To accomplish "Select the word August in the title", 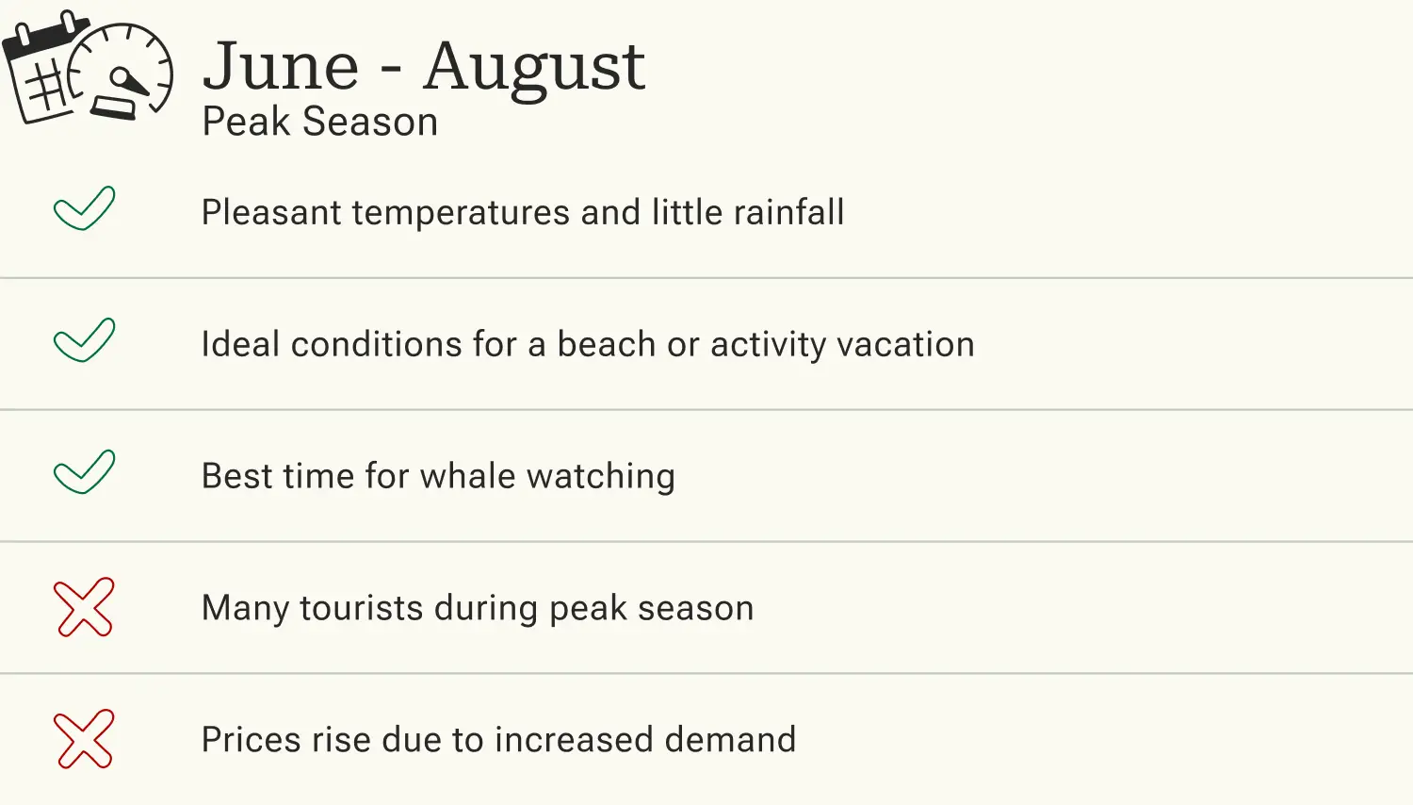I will (x=533, y=68).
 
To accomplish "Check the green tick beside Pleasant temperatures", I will (x=84, y=208).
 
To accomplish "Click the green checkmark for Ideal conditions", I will (x=84, y=340).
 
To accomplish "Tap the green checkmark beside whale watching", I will (x=84, y=472).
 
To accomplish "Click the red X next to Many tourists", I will (x=84, y=607).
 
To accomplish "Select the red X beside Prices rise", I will (x=84, y=739).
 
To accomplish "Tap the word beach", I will (x=606, y=344).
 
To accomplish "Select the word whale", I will (x=467, y=476).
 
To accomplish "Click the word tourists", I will (x=361, y=608).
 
